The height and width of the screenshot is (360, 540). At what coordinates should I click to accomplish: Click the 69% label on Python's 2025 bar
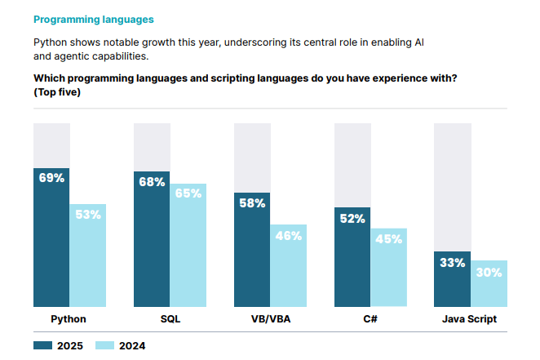(x=51, y=178)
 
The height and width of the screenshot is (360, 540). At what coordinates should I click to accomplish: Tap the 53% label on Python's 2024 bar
(x=87, y=215)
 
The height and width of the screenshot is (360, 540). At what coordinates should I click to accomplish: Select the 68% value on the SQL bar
(x=152, y=182)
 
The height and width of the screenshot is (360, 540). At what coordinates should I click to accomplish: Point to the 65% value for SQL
(x=188, y=194)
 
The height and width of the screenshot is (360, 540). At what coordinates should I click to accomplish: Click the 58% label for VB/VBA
(x=252, y=203)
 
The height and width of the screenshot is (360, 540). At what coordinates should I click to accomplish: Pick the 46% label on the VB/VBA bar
(x=288, y=235)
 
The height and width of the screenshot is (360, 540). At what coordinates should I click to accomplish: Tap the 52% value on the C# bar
(x=352, y=219)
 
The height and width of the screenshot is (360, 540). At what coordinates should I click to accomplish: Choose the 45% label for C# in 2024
(x=388, y=239)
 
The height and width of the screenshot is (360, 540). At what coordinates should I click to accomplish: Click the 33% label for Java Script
(x=452, y=263)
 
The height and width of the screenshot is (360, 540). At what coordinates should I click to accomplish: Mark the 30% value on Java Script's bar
(x=489, y=273)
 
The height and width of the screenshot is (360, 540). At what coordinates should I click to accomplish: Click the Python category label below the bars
(x=69, y=319)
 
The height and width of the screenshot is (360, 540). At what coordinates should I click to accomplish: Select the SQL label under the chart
(x=170, y=319)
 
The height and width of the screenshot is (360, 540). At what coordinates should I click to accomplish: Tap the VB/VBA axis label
(x=270, y=319)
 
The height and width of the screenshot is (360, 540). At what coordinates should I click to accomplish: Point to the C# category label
(x=370, y=319)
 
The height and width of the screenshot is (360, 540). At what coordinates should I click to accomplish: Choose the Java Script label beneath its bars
(x=470, y=319)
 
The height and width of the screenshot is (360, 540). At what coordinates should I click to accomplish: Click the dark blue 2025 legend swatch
(x=42, y=345)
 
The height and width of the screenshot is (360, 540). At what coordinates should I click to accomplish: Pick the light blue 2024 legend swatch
(x=104, y=345)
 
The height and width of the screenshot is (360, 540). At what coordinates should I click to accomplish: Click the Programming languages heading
(x=93, y=18)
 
